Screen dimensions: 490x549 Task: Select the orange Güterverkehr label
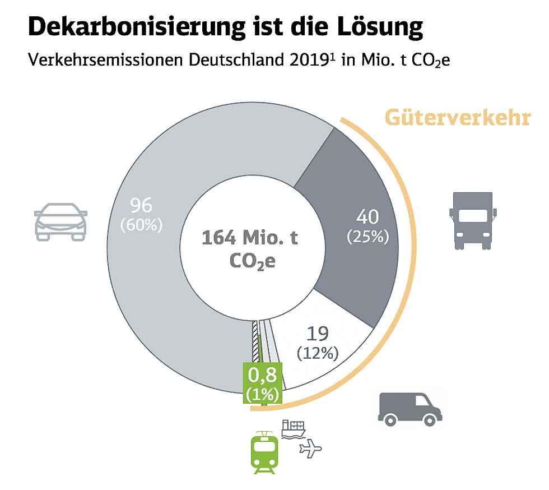click(x=457, y=119)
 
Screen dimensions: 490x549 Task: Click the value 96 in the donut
click(x=141, y=206)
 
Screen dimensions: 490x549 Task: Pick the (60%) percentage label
click(x=141, y=225)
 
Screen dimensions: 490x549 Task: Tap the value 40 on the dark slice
click(x=367, y=217)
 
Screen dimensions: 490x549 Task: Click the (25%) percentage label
click(x=367, y=237)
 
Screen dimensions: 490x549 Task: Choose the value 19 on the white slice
click(x=318, y=334)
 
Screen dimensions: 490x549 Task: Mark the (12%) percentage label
click(x=318, y=354)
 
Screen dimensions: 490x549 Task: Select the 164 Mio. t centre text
click(x=250, y=238)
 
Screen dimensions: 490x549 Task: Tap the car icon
click(x=61, y=221)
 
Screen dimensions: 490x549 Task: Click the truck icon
click(x=473, y=220)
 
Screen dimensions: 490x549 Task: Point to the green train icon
click(x=264, y=451)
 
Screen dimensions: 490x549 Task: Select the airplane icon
click(x=311, y=448)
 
